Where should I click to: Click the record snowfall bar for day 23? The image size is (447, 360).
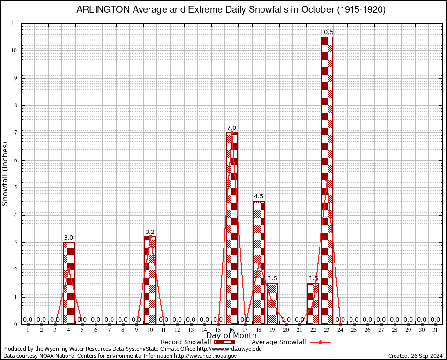click(327, 180)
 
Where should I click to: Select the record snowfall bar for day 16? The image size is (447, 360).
click(231, 228)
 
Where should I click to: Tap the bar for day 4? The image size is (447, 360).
click(68, 283)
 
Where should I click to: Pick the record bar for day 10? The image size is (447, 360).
click(150, 280)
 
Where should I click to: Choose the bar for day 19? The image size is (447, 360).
click(272, 303)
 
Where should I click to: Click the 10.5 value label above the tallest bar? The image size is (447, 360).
click(327, 32)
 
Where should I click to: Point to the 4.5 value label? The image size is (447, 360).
click(259, 196)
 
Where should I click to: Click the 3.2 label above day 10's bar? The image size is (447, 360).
click(150, 232)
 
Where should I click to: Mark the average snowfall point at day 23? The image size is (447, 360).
click(327, 180)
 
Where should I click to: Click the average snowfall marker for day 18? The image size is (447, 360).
click(259, 262)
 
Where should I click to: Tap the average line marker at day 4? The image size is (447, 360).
click(68, 270)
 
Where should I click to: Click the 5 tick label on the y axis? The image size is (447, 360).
click(15, 187)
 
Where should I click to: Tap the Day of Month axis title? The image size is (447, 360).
click(231, 336)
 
